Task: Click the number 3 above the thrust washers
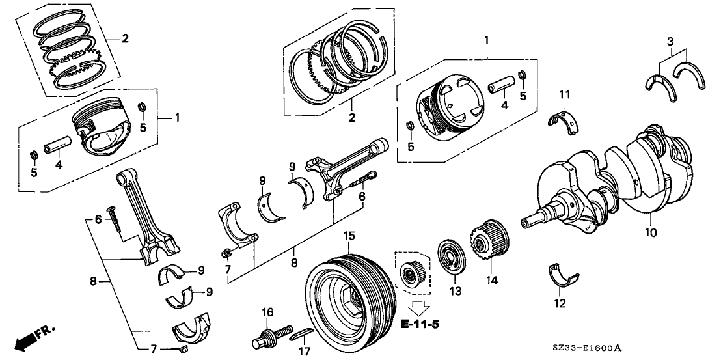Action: [x=670, y=43]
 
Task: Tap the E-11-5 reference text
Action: [x=416, y=324]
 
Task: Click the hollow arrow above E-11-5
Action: [x=416, y=307]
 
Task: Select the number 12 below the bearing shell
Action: [x=560, y=303]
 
